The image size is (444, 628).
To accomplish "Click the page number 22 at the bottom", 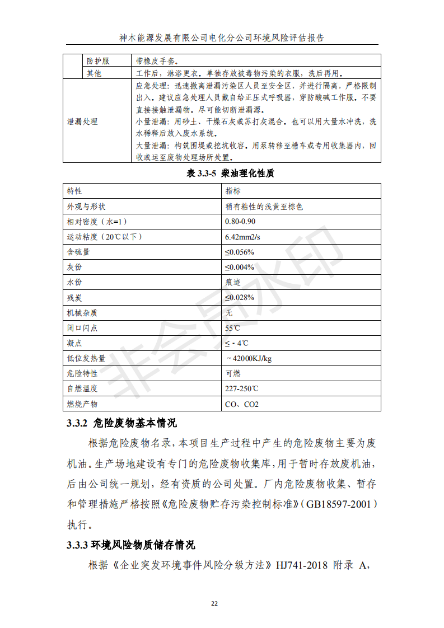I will pos(214,603).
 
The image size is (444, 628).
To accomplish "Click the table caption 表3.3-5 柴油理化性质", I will pos(230,174).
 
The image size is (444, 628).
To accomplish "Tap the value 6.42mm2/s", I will pos(242,237).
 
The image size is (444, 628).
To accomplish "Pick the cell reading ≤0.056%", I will pos(240,252).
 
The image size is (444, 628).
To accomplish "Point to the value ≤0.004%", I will pos(240,267).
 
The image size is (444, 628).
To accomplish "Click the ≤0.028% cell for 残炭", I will pos(240,297).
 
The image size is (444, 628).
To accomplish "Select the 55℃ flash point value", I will pos(232,327).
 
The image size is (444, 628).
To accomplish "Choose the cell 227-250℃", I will pos(242,388).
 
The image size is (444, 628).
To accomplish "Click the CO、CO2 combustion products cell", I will pos(242,404).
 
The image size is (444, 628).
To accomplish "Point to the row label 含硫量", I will pos(78,252).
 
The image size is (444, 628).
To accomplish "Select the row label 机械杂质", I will pos(82,312).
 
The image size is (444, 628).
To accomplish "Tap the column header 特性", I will pos(74,191).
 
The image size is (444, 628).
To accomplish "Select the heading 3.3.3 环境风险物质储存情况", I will pos(131,545).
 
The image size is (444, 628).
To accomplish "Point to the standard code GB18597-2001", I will pos(339,504).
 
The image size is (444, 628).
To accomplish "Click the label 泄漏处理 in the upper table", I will pos(82,121).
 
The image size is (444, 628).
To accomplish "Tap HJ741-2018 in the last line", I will pos(302,565).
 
